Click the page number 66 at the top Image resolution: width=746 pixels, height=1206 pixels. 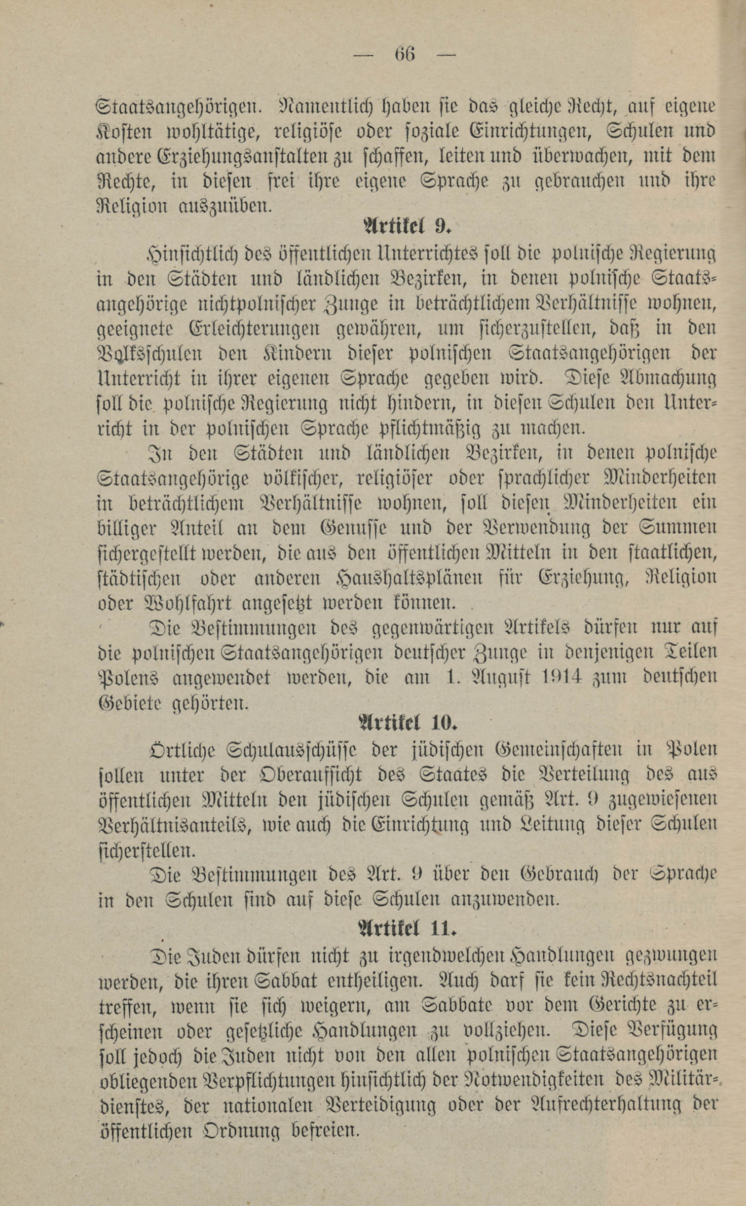tap(404, 53)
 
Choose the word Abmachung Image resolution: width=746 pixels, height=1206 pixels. tap(659, 379)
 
